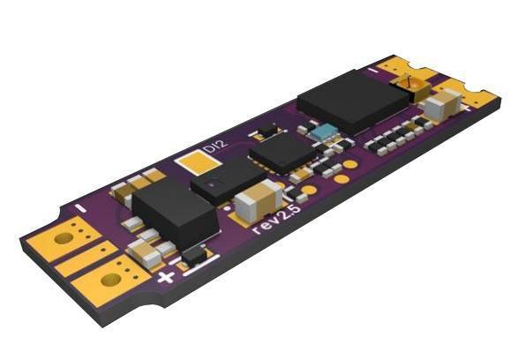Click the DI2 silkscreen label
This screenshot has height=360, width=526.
pyautogui.click(x=216, y=146)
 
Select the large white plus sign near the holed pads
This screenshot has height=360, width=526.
pyautogui.click(x=166, y=277)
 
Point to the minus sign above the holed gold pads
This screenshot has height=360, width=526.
pyautogui.click(x=80, y=207)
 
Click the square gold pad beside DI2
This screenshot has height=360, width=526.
pyautogui.click(x=198, y=162)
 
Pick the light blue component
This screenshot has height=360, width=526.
pyautogui.click(x=321, y=132)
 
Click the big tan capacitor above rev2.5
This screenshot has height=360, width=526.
pyautogui.click(x=259, y=200)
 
